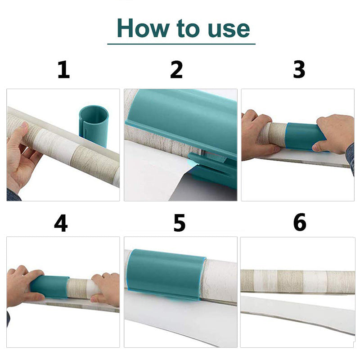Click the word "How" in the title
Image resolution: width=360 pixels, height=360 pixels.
143,28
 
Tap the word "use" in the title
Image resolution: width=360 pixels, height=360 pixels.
229,29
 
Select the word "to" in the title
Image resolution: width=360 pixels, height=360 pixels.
188,28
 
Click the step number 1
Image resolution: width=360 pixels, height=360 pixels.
63,70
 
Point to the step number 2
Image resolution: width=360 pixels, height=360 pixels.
176,70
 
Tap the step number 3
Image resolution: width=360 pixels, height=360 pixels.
299,69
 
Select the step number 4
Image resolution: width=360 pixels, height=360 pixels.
61,223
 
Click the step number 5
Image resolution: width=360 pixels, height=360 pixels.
179,223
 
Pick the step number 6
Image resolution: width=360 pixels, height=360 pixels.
300,222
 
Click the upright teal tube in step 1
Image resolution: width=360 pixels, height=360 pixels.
94,125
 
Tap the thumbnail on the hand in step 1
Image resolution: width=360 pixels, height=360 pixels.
24,126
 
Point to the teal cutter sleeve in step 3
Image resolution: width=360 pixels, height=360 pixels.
304,137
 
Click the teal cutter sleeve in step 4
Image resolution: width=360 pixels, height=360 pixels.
49,287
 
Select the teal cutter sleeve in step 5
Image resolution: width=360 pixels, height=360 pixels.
166,274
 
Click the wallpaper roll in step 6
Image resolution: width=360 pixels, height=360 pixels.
297,282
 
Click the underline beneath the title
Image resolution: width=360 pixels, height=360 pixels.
181,44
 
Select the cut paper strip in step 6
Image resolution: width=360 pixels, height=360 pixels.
297,313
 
